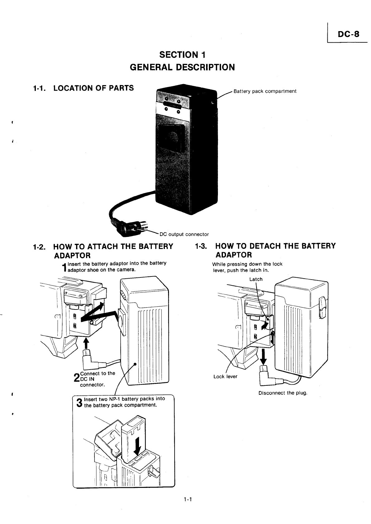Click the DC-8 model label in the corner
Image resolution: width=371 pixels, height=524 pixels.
348,34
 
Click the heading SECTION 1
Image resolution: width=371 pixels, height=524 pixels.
182,55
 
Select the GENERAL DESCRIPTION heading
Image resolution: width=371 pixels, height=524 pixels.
182,67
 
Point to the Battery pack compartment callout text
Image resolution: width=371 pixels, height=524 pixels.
265,91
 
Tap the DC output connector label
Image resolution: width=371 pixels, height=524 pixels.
184,234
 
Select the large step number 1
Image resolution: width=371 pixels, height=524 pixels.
65,267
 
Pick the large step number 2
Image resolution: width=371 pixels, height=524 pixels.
76,378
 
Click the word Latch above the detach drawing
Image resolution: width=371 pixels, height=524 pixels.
256,279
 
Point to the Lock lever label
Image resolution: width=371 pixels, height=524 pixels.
225,376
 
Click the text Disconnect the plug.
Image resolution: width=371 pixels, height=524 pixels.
283,393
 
